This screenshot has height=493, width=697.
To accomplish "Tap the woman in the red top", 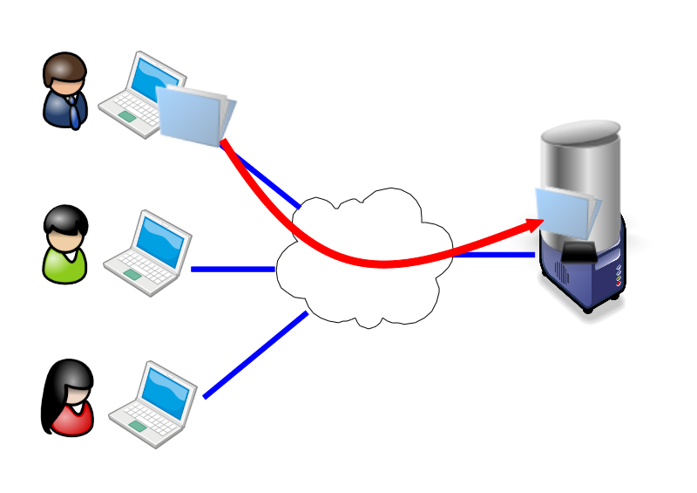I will click(x=68, y=399).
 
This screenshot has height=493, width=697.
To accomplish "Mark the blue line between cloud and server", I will click(x=497, y=255).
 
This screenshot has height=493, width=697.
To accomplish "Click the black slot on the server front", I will click(x=580, y=253).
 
